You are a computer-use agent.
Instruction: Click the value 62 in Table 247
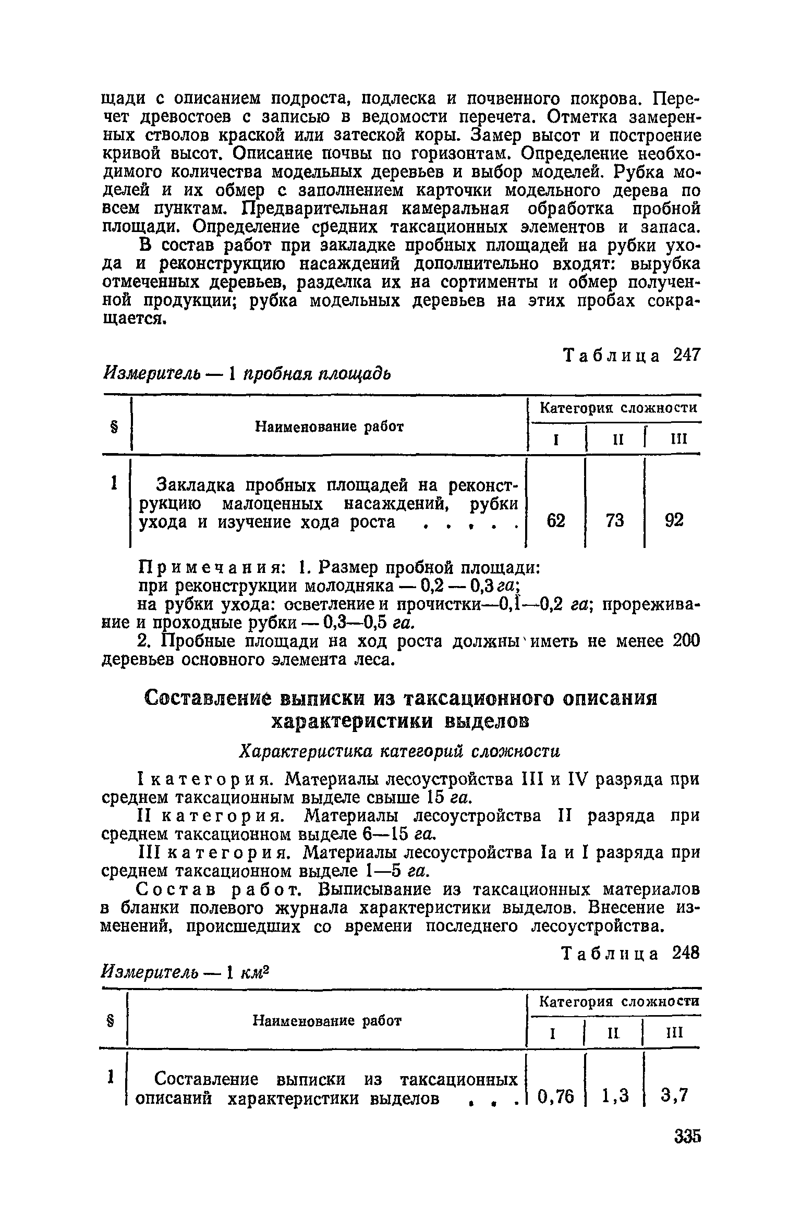556,521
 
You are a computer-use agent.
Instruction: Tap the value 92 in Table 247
674,521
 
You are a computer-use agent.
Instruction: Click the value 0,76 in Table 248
555,1097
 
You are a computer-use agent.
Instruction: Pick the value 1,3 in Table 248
614,1097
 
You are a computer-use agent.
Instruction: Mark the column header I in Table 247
556,440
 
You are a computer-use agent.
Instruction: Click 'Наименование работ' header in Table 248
327,1020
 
